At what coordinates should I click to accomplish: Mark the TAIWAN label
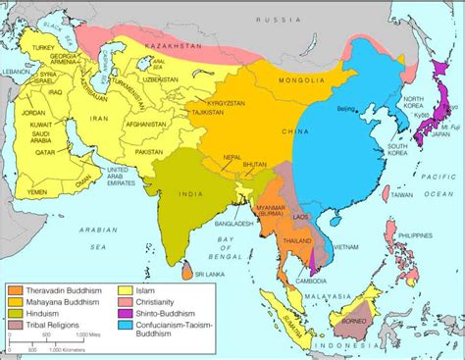coord(399,195)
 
